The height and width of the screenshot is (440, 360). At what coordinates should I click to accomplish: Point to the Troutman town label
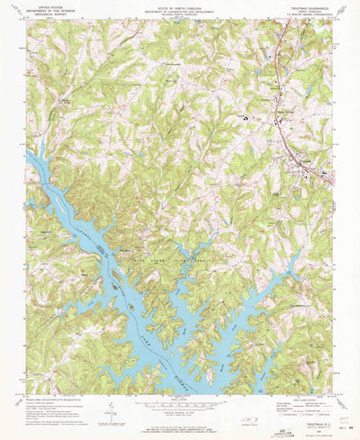tap(301, 160)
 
